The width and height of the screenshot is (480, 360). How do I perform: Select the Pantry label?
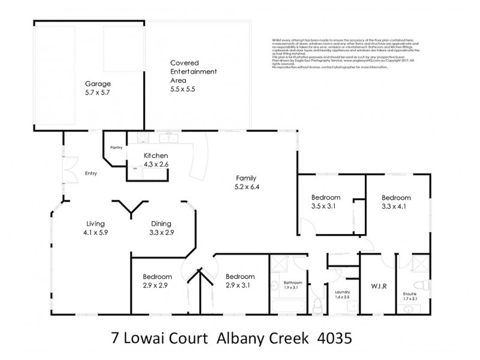coord(116,148)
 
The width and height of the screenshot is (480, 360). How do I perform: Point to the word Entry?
coord(91,174)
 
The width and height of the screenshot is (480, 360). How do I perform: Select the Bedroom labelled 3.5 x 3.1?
coord(326,202)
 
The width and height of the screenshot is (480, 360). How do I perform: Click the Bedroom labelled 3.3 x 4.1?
coord(397,202)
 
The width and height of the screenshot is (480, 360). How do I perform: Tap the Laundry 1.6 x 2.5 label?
coord(343,296)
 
